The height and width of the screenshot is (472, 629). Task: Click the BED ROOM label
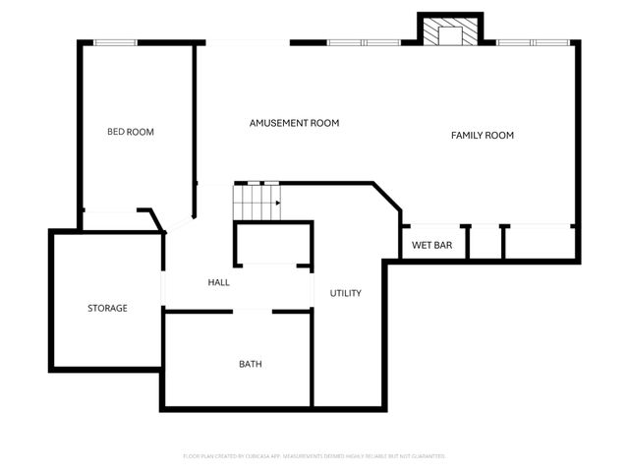point(131,132)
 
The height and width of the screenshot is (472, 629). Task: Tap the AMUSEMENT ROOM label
point(294,123)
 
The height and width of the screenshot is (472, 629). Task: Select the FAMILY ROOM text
point(483,135)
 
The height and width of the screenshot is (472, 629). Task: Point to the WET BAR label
point(431,245)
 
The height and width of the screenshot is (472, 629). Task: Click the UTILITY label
point(346,293)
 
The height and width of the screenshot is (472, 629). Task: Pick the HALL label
point(218,282)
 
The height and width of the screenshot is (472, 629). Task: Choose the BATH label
point(251,364)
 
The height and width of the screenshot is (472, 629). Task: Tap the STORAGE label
point(107,308)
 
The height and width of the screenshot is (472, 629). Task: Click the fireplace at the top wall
point(451,32)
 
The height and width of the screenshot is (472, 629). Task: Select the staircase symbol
point(255,203)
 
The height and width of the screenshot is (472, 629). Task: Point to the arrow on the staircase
point(277,204)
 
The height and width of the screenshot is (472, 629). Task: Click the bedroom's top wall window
point(115,41)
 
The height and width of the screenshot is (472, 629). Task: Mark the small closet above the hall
point(272,244)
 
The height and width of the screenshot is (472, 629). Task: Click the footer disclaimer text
point(314,456)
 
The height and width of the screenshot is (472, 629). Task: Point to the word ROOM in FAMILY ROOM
point(499,135)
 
